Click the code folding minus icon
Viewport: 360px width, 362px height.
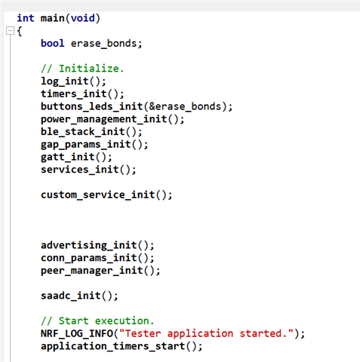point(10,31)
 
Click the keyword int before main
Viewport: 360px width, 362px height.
point(26,18)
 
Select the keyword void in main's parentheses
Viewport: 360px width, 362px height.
point(83,18)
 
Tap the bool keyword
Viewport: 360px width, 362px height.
point(53,43)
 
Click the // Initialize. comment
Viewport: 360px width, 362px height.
point(82,69)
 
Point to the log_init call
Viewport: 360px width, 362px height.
point(74,81)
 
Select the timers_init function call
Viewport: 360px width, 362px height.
point(82,94)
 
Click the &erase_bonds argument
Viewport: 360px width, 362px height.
point(185,106)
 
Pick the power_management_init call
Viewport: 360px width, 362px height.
point(112,119)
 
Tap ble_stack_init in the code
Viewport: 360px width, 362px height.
point(91,132)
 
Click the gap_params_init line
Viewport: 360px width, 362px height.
point(94,145)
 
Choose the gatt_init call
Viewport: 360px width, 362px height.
point(76,157)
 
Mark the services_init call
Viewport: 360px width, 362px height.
point(88,170)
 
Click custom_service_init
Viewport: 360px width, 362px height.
point(106,195)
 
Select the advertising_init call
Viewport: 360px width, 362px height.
point(97,245)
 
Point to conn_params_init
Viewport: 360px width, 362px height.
point(97,258)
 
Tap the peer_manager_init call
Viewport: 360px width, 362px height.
point(100,271)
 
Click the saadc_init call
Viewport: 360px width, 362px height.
point(79,296)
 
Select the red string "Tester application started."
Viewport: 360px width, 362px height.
point(206,333)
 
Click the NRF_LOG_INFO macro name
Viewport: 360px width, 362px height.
point(77,333)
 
